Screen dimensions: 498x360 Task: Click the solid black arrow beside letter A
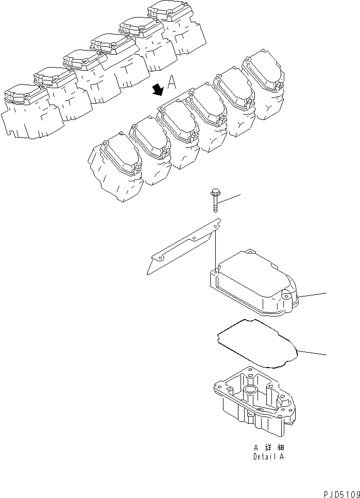158,90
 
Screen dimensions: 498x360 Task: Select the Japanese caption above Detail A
268,448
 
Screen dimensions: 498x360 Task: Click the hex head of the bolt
214,194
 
